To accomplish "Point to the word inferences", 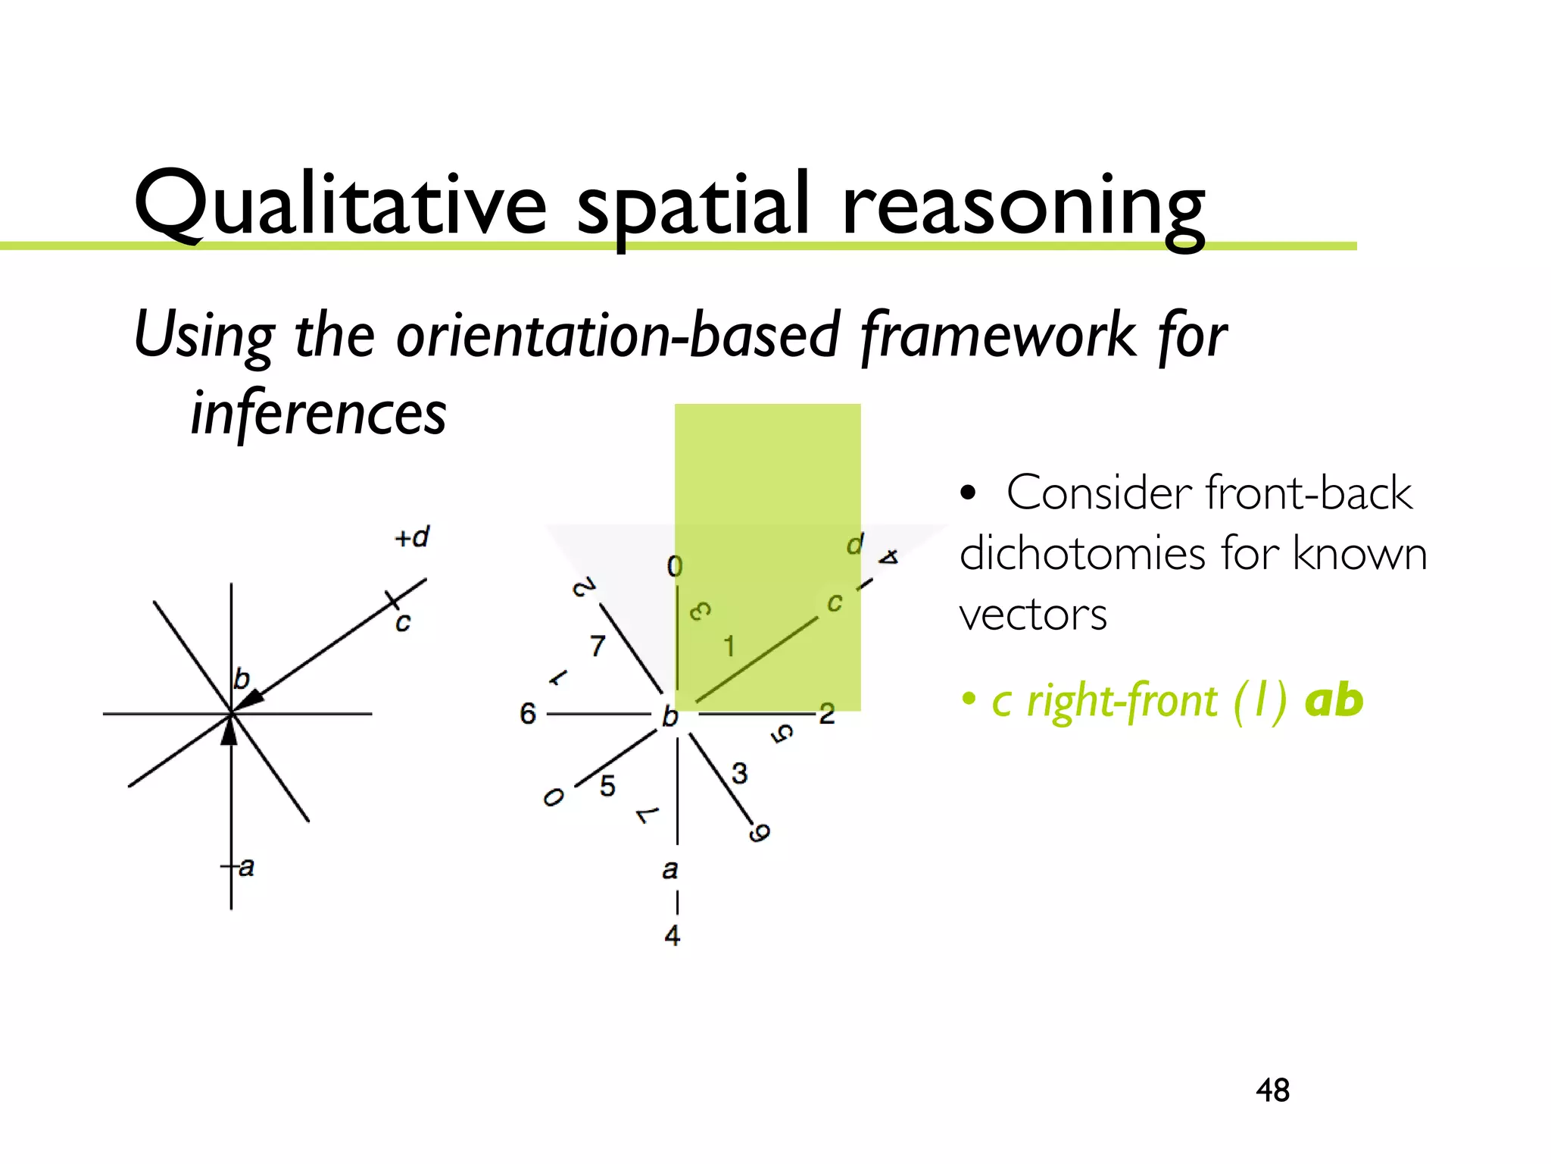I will pos(318,413).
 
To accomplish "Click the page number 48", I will pos(1272,1090).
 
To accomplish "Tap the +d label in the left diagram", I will pos(412,537).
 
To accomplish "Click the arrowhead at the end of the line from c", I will pos(251,699).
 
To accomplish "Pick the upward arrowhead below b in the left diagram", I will pos(229,731).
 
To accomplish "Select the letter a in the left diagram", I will pos(246,866).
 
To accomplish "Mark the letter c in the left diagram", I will pos(403,623).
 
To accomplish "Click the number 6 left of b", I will pos(528,714).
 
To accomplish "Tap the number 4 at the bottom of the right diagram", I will pos(673,936).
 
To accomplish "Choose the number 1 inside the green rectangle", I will pos(729,646).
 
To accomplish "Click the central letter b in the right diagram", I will pos(670,716).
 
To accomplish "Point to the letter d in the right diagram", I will pos(855,544).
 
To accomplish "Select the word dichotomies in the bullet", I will pos(1084,554).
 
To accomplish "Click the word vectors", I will pos(1033,615).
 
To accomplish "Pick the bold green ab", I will pos(1334,700).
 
